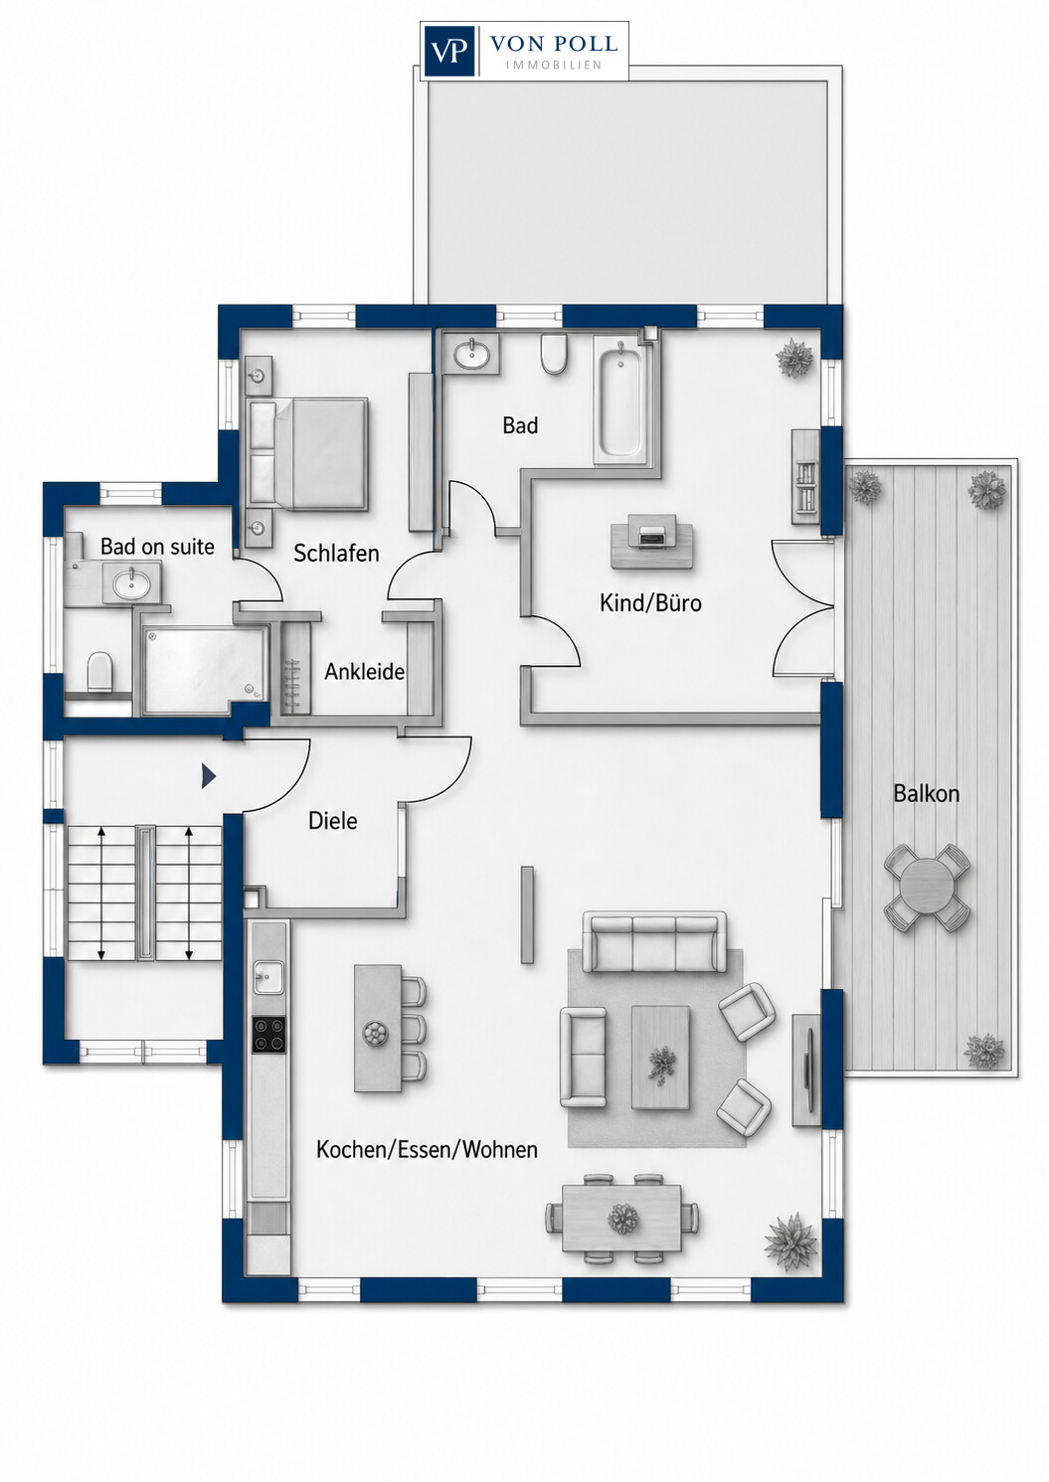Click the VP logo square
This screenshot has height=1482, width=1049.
450,51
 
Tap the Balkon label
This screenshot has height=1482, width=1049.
926,793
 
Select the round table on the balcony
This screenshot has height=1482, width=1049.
928,888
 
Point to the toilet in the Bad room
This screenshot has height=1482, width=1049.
553,354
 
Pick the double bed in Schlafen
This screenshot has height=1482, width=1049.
307,454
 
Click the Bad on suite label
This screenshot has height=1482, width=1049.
157,547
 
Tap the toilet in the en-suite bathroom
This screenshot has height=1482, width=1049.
100,671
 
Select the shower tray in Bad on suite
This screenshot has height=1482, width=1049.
203,664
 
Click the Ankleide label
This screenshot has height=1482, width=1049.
364,672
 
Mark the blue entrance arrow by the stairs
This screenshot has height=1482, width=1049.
209,776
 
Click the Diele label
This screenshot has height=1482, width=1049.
332,821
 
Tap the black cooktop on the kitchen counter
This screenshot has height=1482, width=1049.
269,1034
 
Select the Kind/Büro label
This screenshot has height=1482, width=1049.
650,603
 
